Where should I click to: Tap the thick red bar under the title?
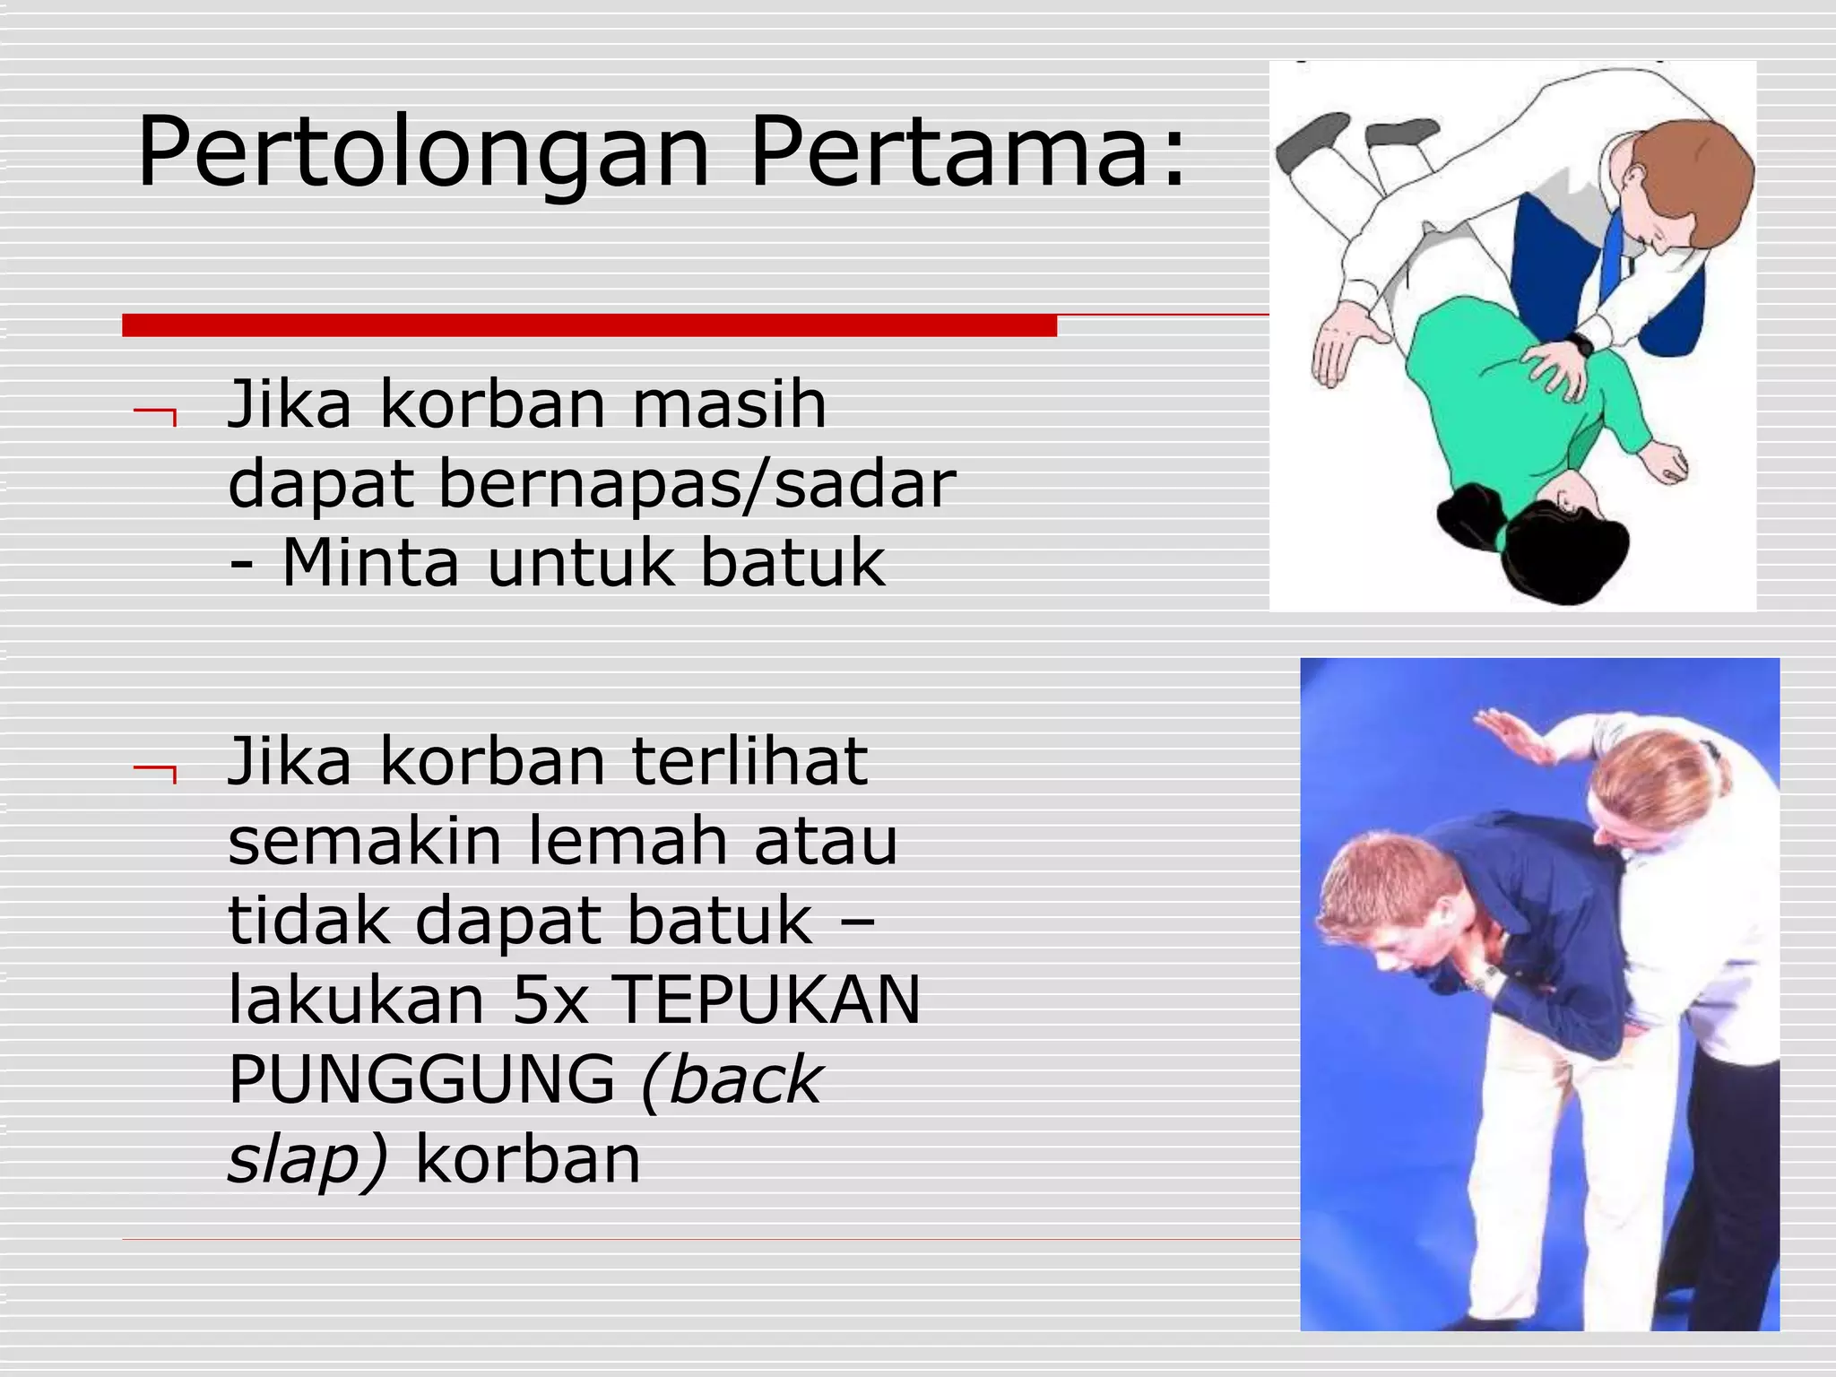[589, 325]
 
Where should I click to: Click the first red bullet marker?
[155, 414]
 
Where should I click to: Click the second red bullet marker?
[155, 771]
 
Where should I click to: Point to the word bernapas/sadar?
[697, 485]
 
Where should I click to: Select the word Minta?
[370, 563]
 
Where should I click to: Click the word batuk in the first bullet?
[792, 563]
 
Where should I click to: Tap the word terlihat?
[749, 762]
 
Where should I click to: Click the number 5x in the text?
[550, 1000]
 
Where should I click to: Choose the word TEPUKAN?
[769, 1000]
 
